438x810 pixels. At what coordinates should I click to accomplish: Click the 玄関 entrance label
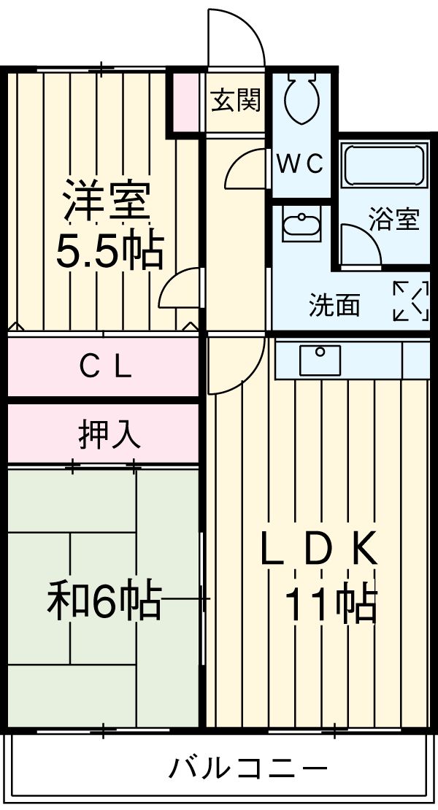click(235, 101)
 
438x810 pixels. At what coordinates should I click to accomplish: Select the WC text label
click(299, 165)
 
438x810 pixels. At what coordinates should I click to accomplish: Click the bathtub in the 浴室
click(384, 167)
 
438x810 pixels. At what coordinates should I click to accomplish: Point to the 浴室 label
click(393, 220)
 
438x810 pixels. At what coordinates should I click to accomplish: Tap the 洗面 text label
click(334, 306)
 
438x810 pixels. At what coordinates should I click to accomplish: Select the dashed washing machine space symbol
click(410, 301)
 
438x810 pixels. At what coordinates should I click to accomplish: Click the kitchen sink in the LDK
click(320, 360)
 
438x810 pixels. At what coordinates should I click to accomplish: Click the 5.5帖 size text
click(109, 251)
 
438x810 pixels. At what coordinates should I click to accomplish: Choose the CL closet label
click(105, 367)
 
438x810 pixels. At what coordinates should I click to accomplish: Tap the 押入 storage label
click(109, 435)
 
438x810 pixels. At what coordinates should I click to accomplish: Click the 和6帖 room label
click(104, 600)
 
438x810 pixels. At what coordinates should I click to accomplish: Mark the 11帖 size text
click(330, 604)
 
